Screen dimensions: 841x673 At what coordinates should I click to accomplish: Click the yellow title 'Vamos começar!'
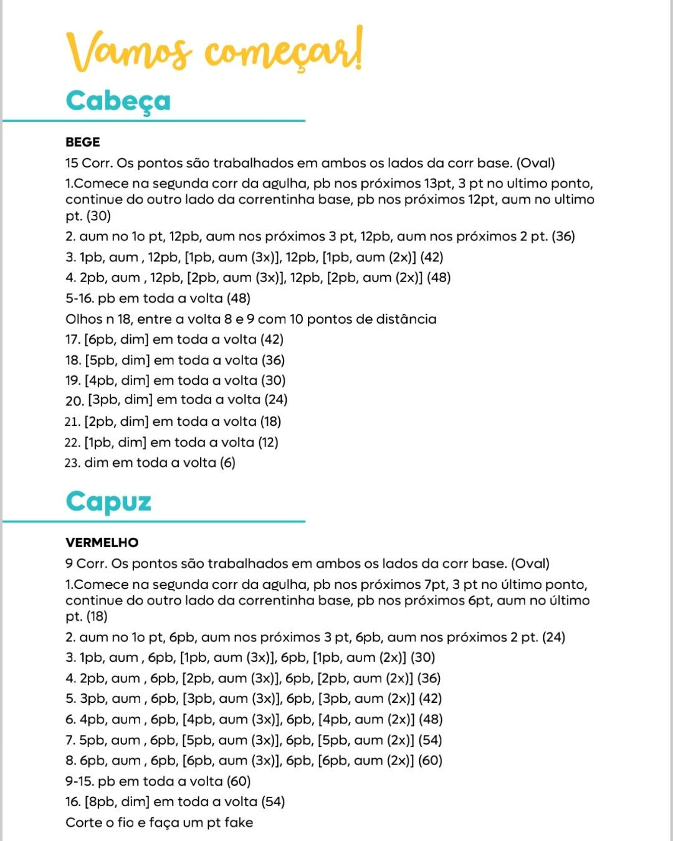(214, 50)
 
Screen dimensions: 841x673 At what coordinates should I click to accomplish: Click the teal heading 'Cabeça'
(118, 101)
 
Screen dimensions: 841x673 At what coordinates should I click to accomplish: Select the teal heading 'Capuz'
(108, 502)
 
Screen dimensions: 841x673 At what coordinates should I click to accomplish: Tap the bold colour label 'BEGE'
(82, 142)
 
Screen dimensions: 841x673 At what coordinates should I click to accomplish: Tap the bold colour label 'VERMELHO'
(102, 543)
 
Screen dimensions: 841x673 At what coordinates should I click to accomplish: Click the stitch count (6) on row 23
(227, 463)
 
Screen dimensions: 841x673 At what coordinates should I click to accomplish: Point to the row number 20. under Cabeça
(74, 401)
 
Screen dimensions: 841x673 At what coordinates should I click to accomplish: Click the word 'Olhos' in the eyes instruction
(84, 319)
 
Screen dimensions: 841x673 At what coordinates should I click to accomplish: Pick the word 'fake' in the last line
(238, 823)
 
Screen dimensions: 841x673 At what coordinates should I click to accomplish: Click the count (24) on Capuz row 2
(553, 637)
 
